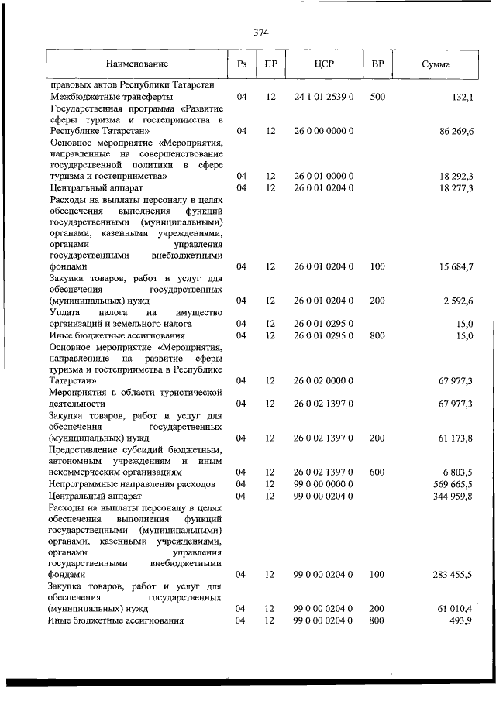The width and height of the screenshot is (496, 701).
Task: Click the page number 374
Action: click(260, 33)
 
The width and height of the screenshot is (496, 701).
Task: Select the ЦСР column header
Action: click(323, 64)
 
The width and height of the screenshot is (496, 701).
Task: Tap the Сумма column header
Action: click(436, 64)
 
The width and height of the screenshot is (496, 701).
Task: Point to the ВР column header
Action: click(378, 64)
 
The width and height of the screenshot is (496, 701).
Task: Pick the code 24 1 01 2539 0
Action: click(323, 97)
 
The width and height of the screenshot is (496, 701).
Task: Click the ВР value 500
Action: click(378, 97)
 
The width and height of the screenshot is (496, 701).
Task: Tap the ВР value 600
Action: click(378, 471)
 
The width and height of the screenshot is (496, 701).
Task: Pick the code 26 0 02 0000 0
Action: click(323, 380)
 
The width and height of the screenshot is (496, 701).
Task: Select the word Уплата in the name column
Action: click(65, 311)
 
